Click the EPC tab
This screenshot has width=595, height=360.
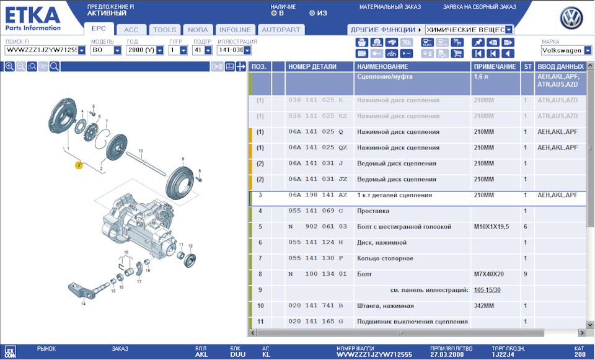(99, 29)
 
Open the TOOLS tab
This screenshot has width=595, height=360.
(164, 29)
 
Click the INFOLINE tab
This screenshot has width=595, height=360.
(235, 29)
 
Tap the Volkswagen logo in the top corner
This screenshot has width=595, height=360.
(571, 19)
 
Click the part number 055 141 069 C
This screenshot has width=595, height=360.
(315, 211)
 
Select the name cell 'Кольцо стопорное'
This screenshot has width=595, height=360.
(384, 258)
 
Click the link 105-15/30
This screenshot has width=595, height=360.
(487, 290)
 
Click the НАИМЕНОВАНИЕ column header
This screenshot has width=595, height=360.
(382, 66)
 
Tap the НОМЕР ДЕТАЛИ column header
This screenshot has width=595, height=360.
(312, 66)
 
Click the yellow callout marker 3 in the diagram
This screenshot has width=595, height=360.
(78, 165)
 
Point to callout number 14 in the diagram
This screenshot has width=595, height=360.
(83, 304)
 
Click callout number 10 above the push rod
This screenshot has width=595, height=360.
(141, 151)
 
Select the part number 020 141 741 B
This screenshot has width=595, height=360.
(315, 305)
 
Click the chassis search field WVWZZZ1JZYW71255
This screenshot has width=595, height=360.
(41, 50)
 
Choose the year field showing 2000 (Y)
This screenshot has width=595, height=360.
(141, 50)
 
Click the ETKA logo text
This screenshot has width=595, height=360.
(33, 15)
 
